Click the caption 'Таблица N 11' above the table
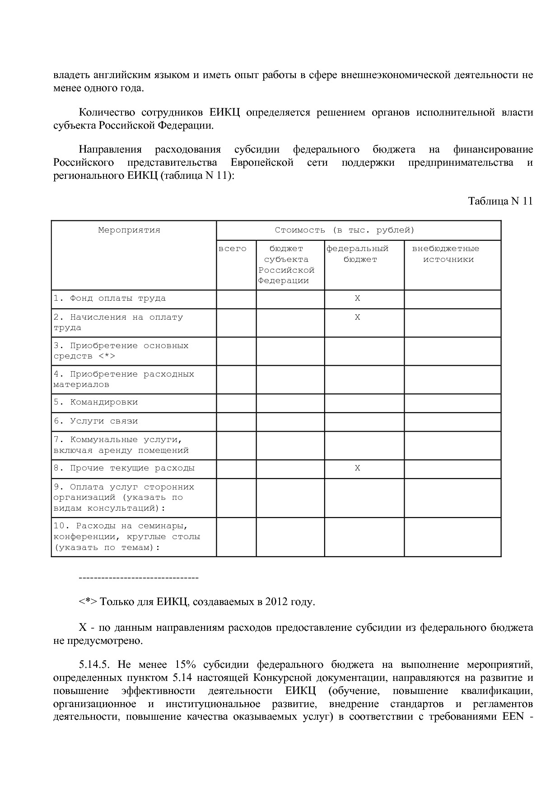pyautogui.click(x=500, y=201)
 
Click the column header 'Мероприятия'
pyautogui.click(x=129, y=230)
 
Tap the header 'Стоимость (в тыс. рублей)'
pyautogui.click(x=345, y=230)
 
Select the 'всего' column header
pyautogui.click(x=233, y=249)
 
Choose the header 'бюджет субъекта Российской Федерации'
pyautogui.click(x=286, y=265)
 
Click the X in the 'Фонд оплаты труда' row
pyautogui.click(x=357, y=298)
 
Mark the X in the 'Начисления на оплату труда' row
pyautogui.click(x=357, y=317)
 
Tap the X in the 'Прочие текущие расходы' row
pyautogui.click(x=357, y=468)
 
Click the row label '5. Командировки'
pyautogui.click(x=96, y=402)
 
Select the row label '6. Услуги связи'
pyautogui.click(x=96, y=421)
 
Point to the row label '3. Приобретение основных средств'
pyautogui.click(x=121, y=351)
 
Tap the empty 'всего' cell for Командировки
pyautogui.click(x=236, y=403)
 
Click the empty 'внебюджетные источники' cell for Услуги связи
pyautogui.click(x=452, y=422)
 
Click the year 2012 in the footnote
pyautogui.click(x=276, y=602)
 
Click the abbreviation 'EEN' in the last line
pyautogui.click(x=513, y=717)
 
